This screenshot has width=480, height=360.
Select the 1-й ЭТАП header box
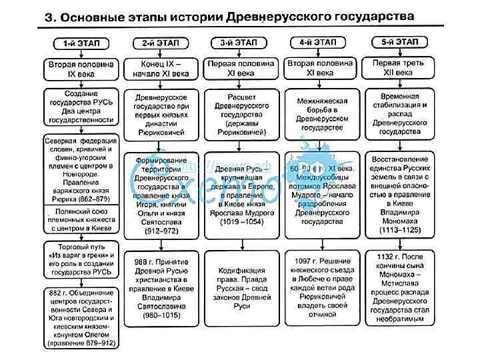point(81,43)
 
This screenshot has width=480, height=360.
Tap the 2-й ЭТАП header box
point(161,43)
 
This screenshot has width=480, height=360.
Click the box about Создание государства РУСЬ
point(81,107)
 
